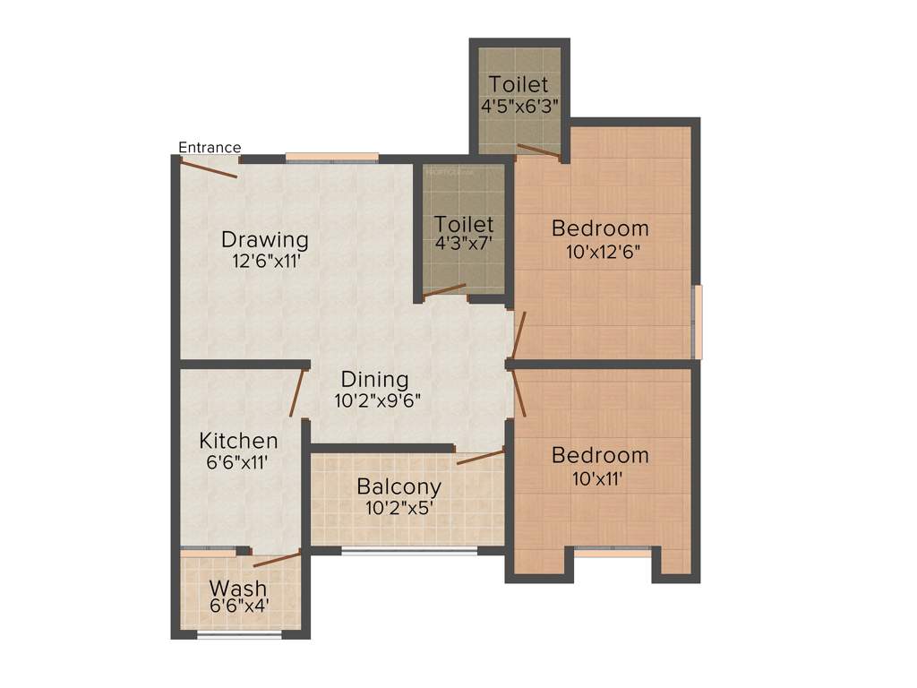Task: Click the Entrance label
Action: (210, 148)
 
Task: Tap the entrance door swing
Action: (210, 168)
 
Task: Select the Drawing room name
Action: (265, 240)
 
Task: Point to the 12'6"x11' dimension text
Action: (265, 262)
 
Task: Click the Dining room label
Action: (374, 380)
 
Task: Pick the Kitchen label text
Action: (238, 441)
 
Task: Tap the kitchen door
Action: (296, 392)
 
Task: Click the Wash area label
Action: (238, 589)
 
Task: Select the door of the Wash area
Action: (277, 560)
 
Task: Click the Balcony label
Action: (399, 487)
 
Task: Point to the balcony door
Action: (480, 457)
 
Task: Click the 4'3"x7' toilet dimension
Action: (464, 243)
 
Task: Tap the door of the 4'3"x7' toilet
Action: (445, 290)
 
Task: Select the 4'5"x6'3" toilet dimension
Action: (519, 105)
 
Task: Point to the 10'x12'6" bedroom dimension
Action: (600, 252)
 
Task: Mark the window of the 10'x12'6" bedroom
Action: (698, 322)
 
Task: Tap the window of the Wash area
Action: (239, 635)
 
